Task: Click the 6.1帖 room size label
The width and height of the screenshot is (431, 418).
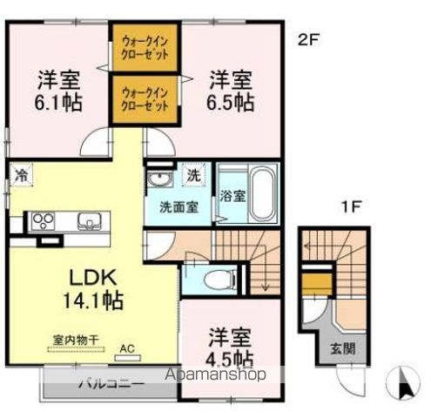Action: pyautogui.click(x=58, y=101)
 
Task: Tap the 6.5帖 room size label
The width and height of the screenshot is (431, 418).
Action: pyautogui.click(x=231, y=101)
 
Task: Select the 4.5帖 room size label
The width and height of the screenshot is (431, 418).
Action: pyautogui.click(x=230, y=357)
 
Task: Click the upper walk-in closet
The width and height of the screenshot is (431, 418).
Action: pyautogui.click(x=144, y=46)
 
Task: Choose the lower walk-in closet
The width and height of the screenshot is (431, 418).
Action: pyautogui.click(x=144, y=98)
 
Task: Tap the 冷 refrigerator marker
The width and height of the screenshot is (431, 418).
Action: pyautogui.click(x=19, y=173)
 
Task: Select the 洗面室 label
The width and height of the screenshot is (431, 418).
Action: pyautogui.click(x=177, y=207)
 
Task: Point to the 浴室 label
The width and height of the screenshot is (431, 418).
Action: pyautogui.click(x=232, y=195)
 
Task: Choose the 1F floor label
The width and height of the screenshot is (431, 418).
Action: pyautogui.click(x=350, y=207)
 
